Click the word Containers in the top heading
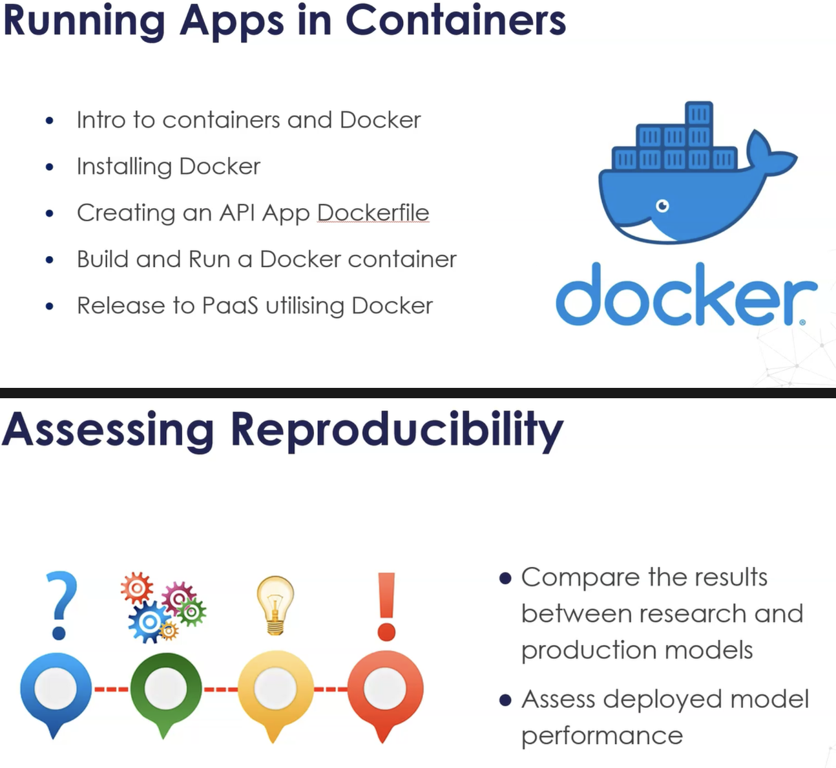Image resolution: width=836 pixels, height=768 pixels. pos(455,21)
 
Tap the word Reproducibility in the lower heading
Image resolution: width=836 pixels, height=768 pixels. pos(397,430)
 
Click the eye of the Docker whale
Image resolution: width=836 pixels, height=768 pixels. pos(662,206)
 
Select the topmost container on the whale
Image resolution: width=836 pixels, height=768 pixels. pos(698,114)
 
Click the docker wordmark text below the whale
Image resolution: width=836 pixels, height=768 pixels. pos(685,295)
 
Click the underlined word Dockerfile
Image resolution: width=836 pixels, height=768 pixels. pos(373,213)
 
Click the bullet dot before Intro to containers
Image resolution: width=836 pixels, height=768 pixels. pos(50,121)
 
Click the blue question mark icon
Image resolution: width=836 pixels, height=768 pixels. pos(61,604)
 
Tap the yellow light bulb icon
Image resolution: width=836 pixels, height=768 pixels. pos(275,605)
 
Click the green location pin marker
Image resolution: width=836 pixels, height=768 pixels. pos(165,691)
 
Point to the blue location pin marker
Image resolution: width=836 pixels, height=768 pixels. pos(56,691)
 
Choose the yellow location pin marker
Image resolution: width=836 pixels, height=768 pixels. pos(275,691)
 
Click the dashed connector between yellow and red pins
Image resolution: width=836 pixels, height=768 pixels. pos(331,689)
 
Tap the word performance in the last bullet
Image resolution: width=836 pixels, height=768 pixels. pos(601,736)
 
